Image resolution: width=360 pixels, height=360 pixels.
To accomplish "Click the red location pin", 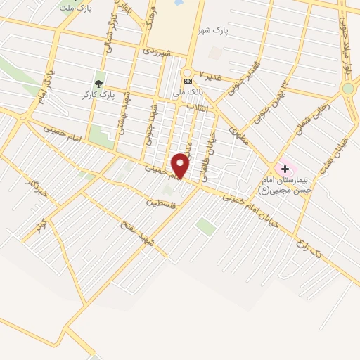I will pos(181,165).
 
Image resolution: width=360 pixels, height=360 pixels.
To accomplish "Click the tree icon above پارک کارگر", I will pos(98,82).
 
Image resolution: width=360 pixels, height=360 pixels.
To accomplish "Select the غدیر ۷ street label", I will pos(210,75).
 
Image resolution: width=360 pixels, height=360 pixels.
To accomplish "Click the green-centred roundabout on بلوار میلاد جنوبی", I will pos(348,89).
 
